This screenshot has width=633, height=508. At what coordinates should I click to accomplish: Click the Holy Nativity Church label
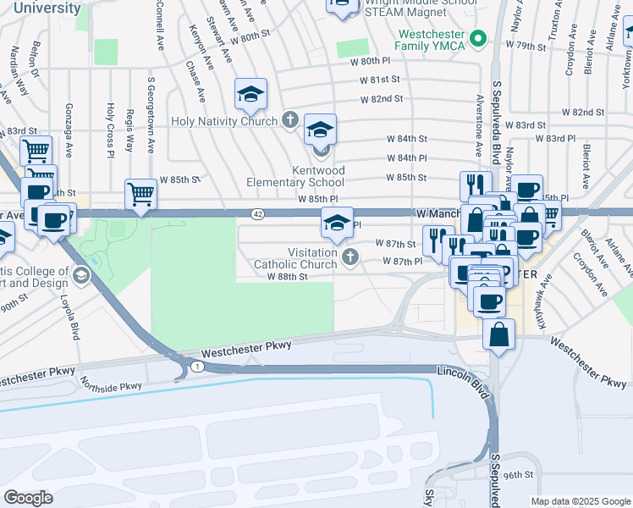coord(223,121)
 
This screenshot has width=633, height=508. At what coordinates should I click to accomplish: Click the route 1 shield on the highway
coord(196,365)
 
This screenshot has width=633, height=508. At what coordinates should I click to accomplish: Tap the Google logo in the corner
coord(28,498)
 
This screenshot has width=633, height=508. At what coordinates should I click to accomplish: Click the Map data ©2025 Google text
coord(581,501)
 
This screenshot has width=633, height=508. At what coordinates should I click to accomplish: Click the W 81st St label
coord(378,80)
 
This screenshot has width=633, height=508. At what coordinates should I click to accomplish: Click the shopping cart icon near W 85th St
coord(140,193)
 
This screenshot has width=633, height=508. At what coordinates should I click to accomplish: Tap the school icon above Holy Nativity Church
coord(250,94)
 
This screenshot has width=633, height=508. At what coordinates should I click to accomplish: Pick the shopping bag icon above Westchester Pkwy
coord(498,332)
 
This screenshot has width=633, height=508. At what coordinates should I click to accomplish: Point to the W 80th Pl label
coord(372,62)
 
